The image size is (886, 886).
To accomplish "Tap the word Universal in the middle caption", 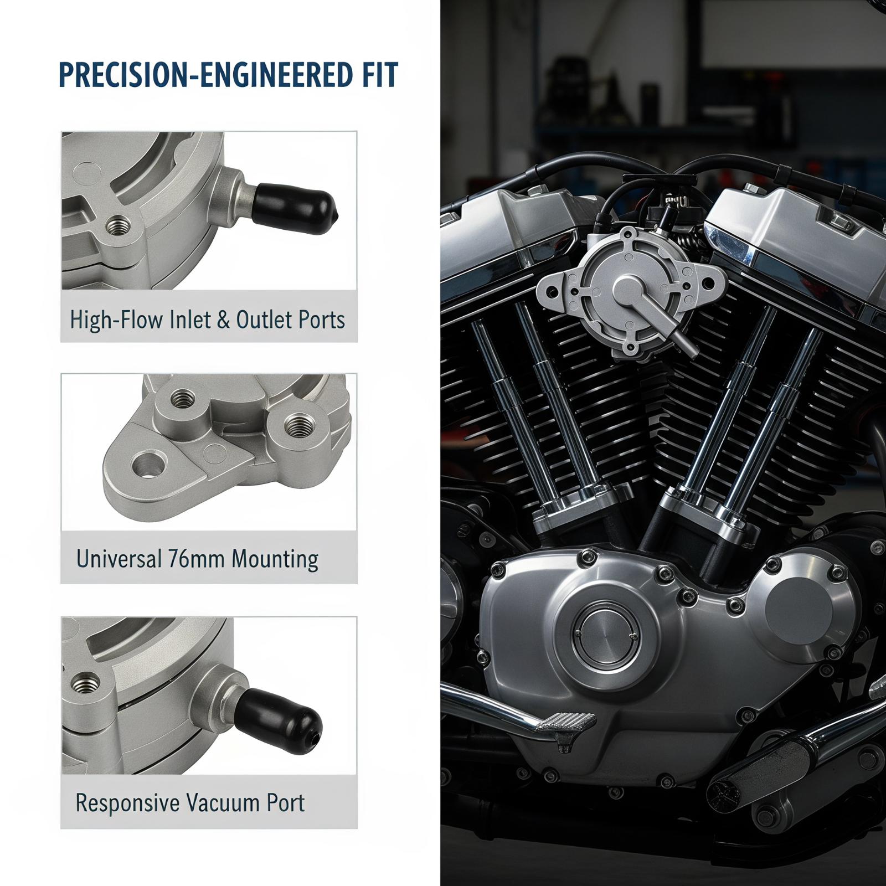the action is point(119,559).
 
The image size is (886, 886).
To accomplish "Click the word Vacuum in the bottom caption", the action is point(224,802).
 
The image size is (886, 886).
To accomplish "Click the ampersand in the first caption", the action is point(223,320).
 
